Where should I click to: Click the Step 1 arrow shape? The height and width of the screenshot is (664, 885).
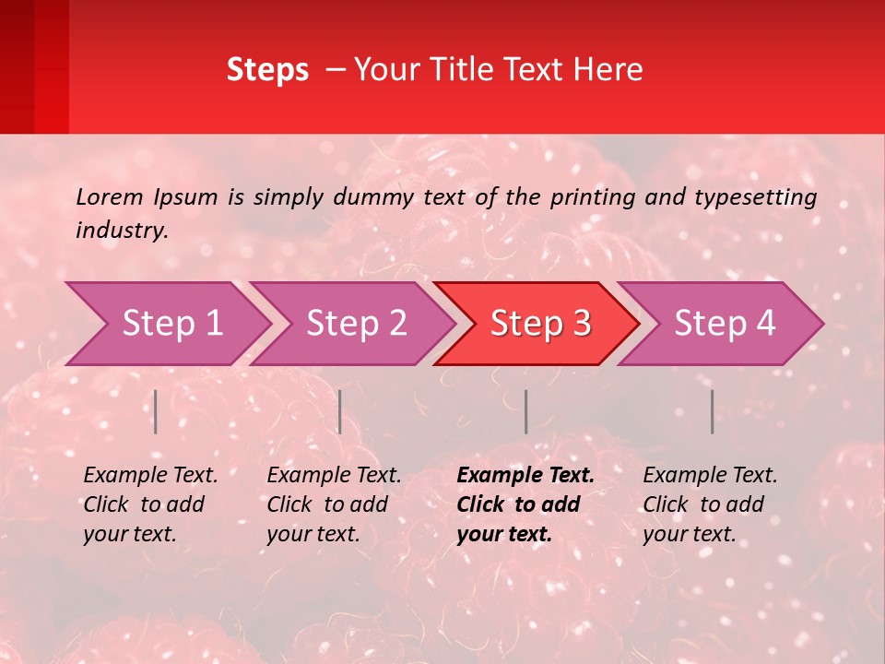click(171, 324)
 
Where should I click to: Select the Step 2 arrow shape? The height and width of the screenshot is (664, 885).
click(356, 324)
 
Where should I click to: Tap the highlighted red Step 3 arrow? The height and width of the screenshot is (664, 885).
click(540, 324)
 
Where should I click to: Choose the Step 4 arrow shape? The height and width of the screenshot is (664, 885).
click(725, 324)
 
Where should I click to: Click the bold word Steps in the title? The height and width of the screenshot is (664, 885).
click(267, 70)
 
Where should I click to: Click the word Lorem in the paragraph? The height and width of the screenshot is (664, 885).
click(109, 196)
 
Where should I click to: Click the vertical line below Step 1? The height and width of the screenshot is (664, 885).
click(156, 411)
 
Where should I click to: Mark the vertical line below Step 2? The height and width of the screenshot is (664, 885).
click(340, 411)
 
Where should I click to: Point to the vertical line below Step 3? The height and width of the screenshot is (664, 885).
click(526, 411)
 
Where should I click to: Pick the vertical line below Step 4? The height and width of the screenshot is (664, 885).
click(713, 411)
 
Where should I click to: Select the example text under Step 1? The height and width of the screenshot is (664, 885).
click(150, 504)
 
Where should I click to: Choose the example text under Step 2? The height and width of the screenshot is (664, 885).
click(334, 504)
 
